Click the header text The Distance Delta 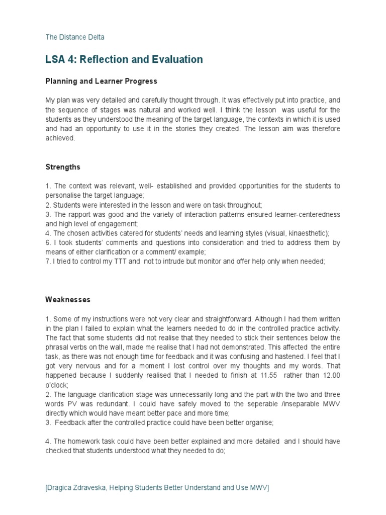click(75, 37)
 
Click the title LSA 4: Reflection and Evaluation click(124, 59)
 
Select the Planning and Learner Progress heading click(101, 81)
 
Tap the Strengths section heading click(63, 167)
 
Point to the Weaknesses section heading click(68, 300)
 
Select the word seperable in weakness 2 click(267, 404)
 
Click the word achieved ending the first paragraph click(60, 138)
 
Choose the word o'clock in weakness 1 click(57, 385)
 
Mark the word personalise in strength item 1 click(65, 195)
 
